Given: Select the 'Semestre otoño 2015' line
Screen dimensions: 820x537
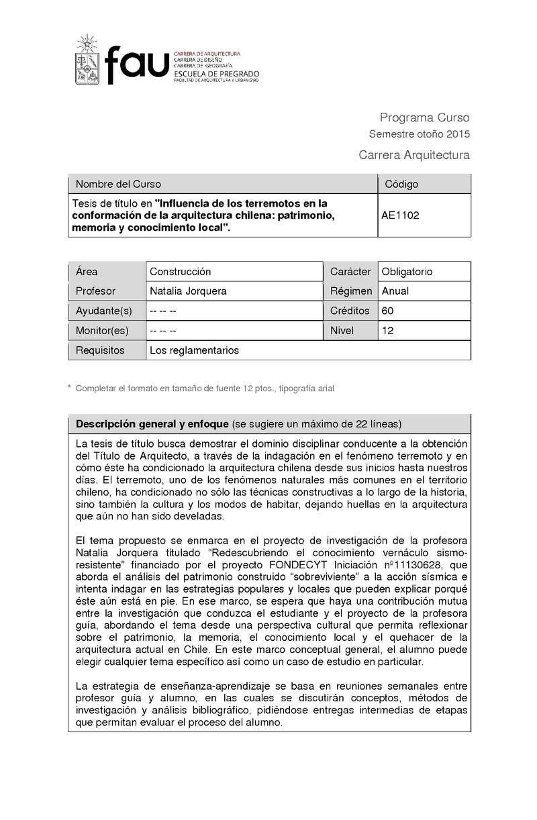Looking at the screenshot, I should (x=420, y=134).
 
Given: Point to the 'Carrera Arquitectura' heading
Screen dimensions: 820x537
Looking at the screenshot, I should (x=414, y=156).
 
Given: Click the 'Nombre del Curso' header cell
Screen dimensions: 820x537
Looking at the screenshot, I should (x=118, y=184).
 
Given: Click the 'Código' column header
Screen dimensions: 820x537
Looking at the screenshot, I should (x=401, y=184).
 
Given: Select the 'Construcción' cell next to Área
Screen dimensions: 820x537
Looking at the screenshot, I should (x=180, y=272).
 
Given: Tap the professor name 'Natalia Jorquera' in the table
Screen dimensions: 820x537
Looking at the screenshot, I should (x=188, y=291).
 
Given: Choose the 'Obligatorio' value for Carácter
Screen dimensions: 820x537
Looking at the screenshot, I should (x=407, y=272).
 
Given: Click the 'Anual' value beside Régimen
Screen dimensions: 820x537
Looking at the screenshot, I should (x=395, y=291).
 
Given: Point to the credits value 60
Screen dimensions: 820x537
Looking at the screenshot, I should (x=387, y=311).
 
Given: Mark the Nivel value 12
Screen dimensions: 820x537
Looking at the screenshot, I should (x=387, y=330).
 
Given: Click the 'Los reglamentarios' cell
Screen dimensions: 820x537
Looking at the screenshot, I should (x=194, y=350).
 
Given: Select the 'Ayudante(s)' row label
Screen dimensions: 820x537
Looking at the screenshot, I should (x=103, y=311).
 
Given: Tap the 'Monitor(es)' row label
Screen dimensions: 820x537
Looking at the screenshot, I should (x=102, y=330).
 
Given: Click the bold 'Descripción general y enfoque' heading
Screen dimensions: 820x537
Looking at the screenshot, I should (x=152, y=424).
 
